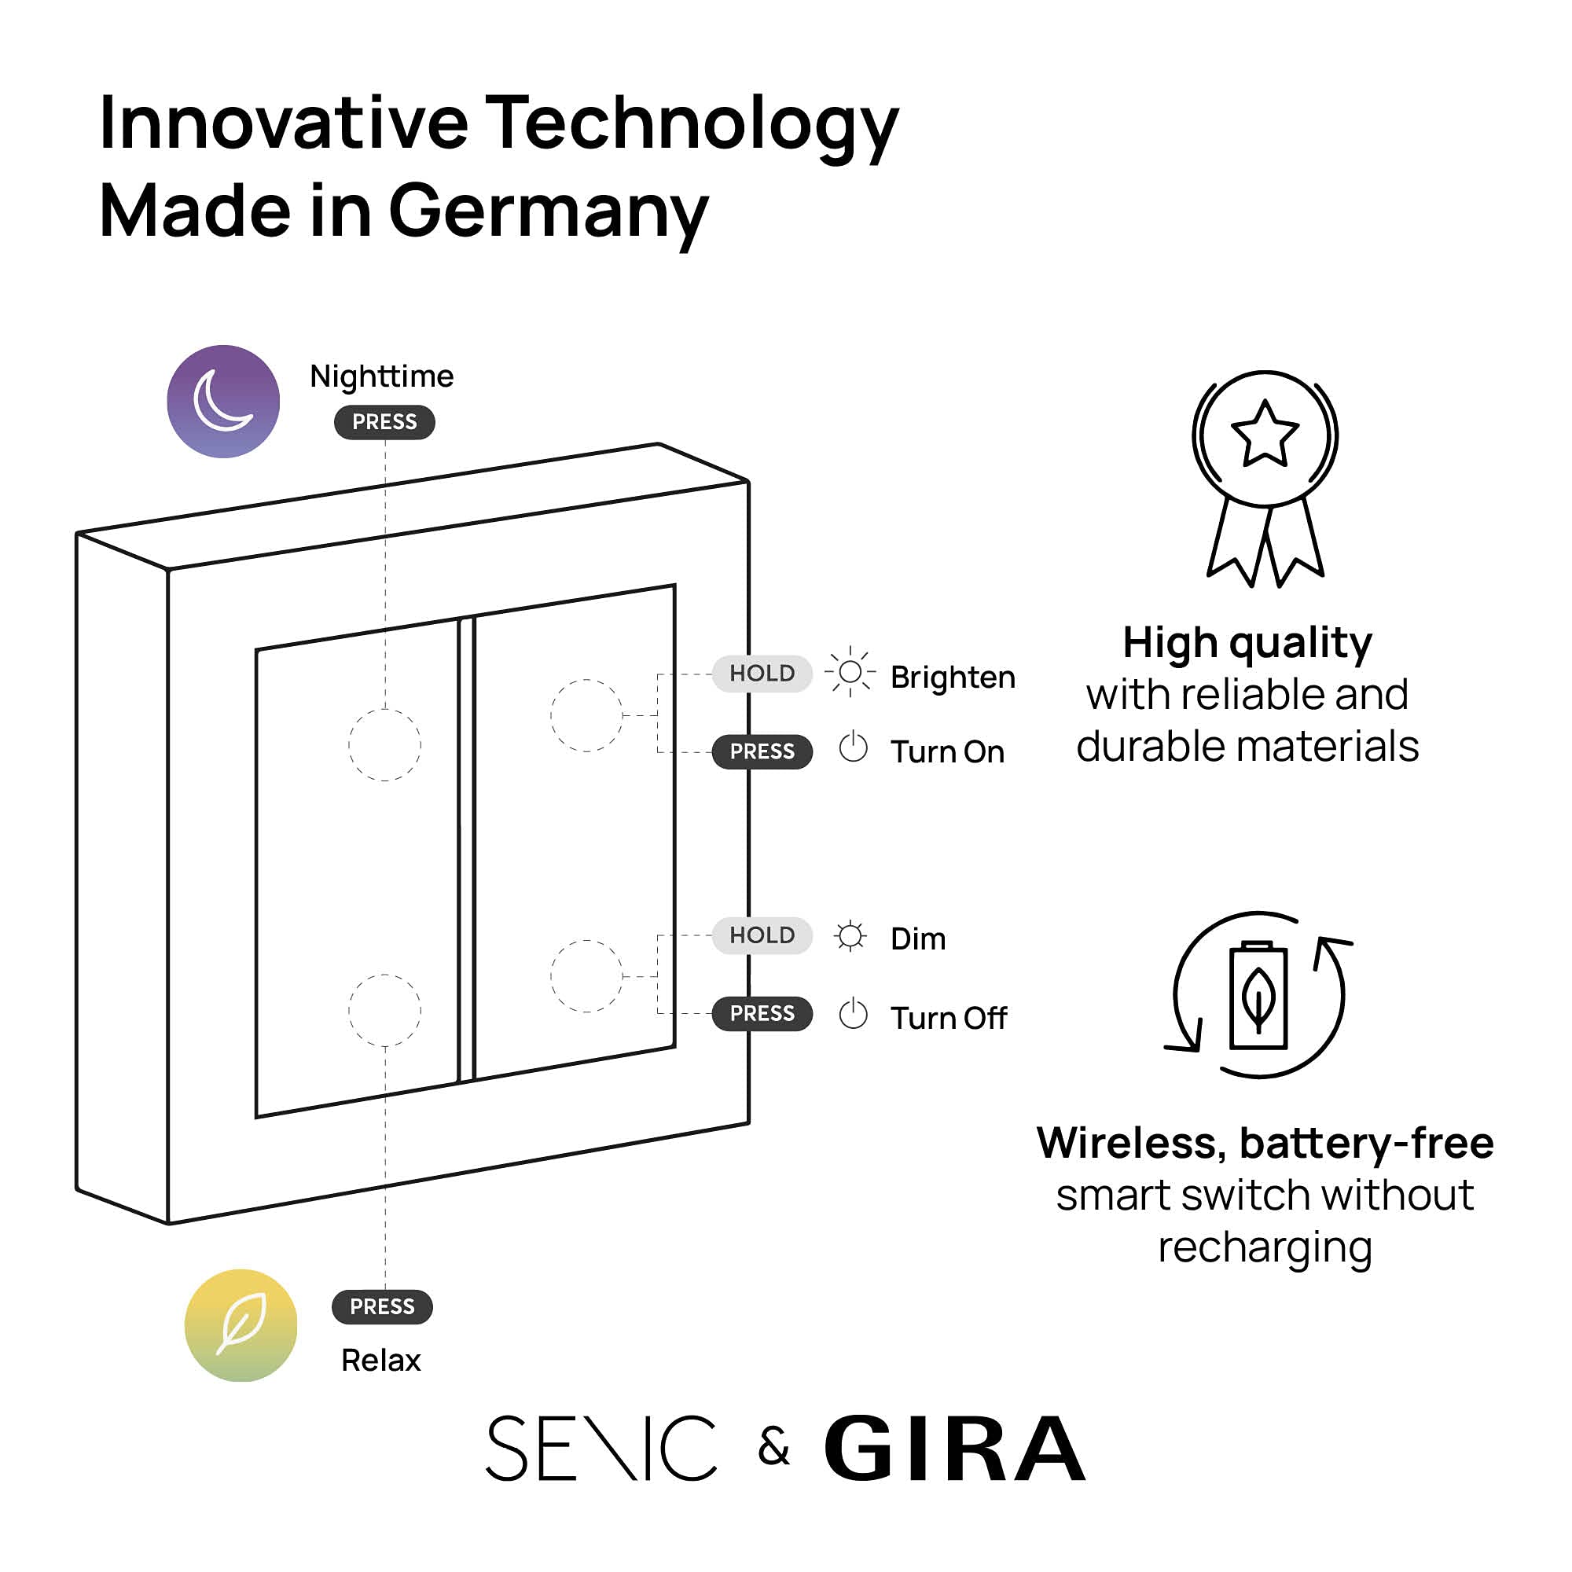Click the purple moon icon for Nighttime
pyautogui.click(x=223, y=401)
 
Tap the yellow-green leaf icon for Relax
pyautogui.click(x=241, y=1325)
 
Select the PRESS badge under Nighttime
pyautogui.click(x=384, y=422)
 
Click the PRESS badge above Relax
pyautogui.click(x=382, y=1307)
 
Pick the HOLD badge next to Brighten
pyautogui.click(x=762, y=674)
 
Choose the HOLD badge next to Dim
pyautogui.click(x=762, y=935)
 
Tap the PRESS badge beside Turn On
pyautogui.click(x=762, y=752)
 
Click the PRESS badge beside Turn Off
pyautogui.click(x=762, y=1014)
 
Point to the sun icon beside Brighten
pyautogui.click(x=850, y=672)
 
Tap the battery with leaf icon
pyautogui.click(x=1258, y=995)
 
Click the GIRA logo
pyautogui.click(x=954, y=1449)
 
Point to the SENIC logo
pyautogui.click(x=601, y=1449)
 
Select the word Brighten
pyautogui.click(x=953, y=678)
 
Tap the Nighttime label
pyautogui.click(x=382, y=376)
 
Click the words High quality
pyautogui.click(x=1247, y=643)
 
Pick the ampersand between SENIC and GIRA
pyautogui.click(x=773, y=1447)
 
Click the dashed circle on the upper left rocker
pyautogui.click(x=384, y=745)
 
